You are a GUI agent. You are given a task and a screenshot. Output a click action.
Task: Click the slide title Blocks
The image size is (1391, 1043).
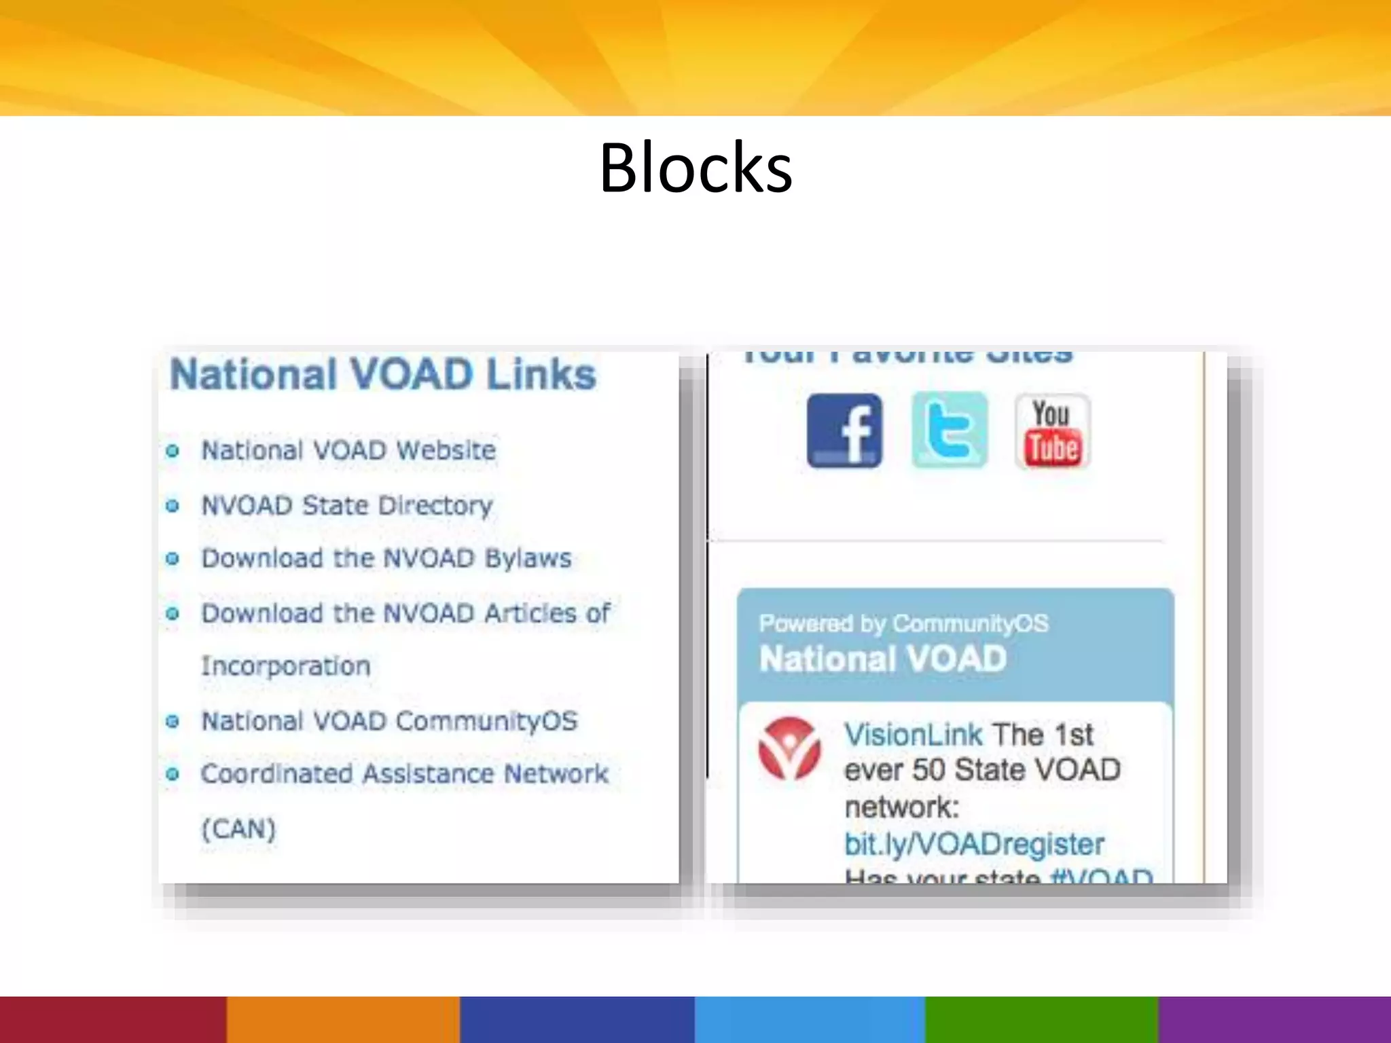[x=695, y=168]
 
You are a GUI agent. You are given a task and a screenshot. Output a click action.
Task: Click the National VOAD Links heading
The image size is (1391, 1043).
[x=383, y=374]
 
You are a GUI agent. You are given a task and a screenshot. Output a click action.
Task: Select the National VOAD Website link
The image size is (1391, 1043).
[x=348, y=450]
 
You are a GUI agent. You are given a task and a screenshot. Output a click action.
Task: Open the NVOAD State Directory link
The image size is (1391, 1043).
[x=347, y=505]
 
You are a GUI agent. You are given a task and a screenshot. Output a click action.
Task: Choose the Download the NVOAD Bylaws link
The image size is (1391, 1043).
[x=386, y=558]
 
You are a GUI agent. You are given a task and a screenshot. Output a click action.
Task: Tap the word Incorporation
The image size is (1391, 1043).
[x=286, y=666]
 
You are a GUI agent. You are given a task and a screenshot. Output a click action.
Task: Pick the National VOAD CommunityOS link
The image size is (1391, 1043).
[x=389, y=720]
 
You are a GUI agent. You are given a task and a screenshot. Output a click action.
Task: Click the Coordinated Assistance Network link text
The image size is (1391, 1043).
[x=405, y=774]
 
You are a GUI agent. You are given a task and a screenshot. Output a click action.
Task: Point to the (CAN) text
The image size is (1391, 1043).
[x=238, y=829]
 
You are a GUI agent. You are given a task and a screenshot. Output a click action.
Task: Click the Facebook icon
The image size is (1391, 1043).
[x=844, y=431]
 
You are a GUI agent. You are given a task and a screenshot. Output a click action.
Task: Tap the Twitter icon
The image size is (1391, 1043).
[x=949, y=431]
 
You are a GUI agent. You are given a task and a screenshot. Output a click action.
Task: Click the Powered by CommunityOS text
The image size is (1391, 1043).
[x=903, y=623]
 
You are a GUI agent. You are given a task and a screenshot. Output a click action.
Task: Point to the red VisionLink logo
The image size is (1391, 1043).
[x=789, y=748]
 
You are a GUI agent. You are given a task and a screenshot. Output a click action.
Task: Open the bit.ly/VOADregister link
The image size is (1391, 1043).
[x=974, y=844]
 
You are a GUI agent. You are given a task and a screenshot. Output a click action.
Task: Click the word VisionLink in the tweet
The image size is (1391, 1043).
[x=913, y=735]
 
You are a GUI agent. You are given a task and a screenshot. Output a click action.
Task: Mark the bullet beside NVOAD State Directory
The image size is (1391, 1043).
[x=173, y=506]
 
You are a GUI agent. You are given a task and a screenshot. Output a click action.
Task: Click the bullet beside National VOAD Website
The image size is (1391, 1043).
[x=173, y=451]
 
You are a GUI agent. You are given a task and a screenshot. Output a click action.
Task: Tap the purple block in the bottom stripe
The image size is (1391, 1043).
[x=1274, y=1019]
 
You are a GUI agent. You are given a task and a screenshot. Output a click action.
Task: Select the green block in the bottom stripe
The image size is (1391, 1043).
[x=1041, y=1019]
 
